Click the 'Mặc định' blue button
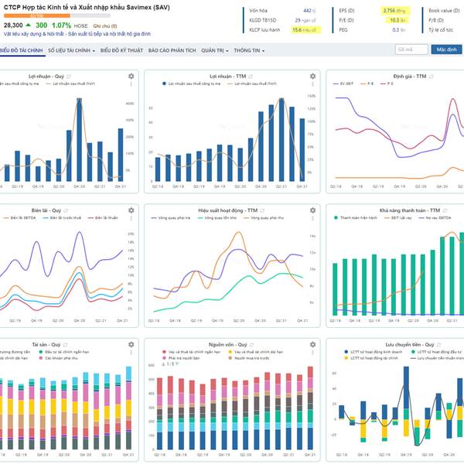tap(446, 49)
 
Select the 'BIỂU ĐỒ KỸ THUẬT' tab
tap(121, 50)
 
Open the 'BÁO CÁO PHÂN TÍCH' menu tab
tap(172, 50)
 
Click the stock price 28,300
tap(13, 26)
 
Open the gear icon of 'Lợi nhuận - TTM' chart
tap(312, 77)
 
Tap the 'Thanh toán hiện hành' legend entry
tap(358, 218)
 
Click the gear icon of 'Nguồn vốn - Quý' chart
tap(312, 343)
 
